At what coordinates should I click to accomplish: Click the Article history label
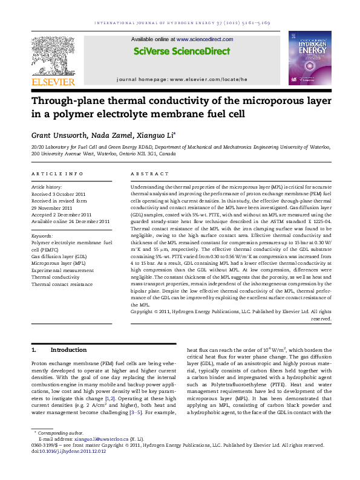pyautogui.click(x=47, y=188)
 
